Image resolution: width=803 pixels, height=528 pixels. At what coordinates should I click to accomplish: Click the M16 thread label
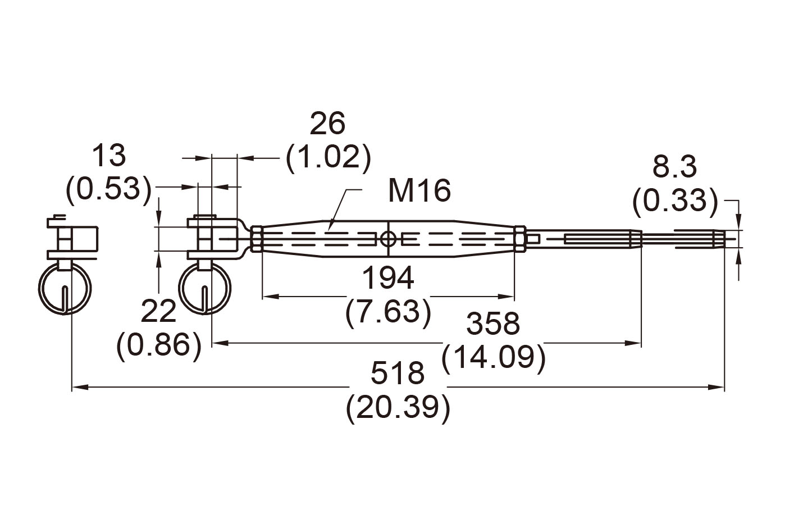419,191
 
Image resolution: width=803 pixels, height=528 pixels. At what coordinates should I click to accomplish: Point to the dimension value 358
494,324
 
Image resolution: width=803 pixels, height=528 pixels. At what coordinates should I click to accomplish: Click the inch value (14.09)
494,358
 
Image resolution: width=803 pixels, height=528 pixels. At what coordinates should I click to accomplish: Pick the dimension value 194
388,278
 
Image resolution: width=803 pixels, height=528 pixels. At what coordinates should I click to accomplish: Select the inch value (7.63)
388,312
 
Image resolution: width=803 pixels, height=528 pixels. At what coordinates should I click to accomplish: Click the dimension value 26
328,124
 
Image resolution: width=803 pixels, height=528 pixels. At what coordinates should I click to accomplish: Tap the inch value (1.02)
328,158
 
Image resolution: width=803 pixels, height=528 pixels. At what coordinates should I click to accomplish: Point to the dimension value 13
109,155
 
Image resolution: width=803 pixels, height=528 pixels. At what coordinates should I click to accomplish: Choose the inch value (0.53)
109,189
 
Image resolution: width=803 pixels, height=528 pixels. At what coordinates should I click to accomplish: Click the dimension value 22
158,311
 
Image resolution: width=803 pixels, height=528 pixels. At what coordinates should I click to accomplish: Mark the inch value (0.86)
158,345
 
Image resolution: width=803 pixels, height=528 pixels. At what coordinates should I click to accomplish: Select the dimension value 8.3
674,167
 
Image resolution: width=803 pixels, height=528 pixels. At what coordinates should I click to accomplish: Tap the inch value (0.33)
674,201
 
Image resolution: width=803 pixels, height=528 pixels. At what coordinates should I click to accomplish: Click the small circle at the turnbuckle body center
388,239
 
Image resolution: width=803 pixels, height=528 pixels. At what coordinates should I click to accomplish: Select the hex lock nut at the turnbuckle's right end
519,239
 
